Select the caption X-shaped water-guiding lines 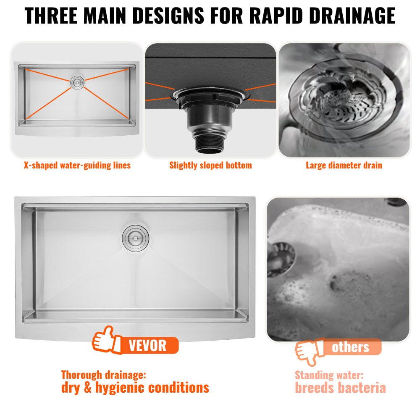[77, 165]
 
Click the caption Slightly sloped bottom [210, 165]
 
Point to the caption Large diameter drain [344, 165]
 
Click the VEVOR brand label [147, 346]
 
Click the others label [350, 347]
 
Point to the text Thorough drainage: [104, 374]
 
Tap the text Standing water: [329, 375]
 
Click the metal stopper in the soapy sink [281, 256]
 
